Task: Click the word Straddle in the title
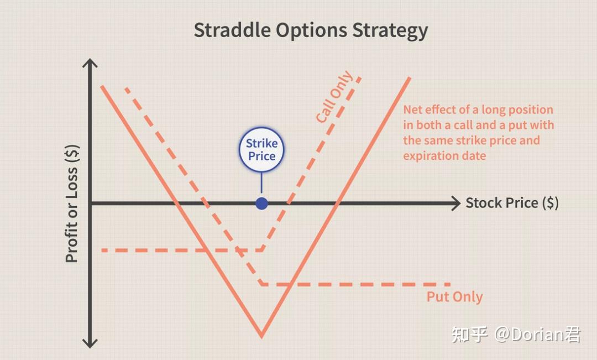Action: (x=233, y=30)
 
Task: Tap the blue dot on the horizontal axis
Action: (x=261, y=204)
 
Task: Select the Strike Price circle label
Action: (x=261, y=149)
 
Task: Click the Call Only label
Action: (x=334, y=97)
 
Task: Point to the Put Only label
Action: (x=454, y=297)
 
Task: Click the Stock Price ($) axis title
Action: (x=512, y=203)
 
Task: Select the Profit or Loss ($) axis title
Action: (x=72, y=204)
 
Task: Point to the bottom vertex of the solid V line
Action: (x=261, y=336)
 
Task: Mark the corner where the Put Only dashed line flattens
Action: (x=261, y=284)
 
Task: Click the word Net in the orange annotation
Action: (x=412, y=109)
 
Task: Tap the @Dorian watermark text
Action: (x=537, y=335)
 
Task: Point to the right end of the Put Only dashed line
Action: (x=450, y=284)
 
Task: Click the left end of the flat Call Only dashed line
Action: (x=102, y=251)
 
